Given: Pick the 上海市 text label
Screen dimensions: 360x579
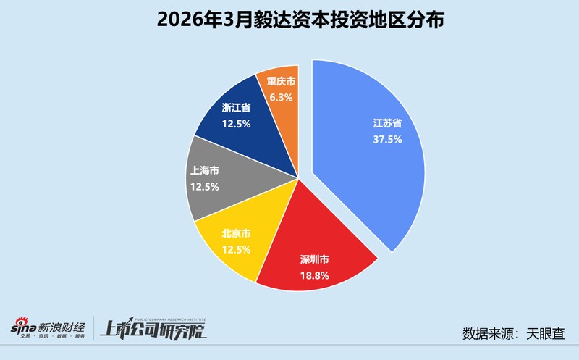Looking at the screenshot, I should (205, 170).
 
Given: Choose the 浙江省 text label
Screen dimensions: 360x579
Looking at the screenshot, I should (236, 107).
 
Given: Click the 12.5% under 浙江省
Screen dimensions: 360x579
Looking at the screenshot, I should (236, 124).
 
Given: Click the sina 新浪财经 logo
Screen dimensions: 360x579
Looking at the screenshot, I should (47, 330).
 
